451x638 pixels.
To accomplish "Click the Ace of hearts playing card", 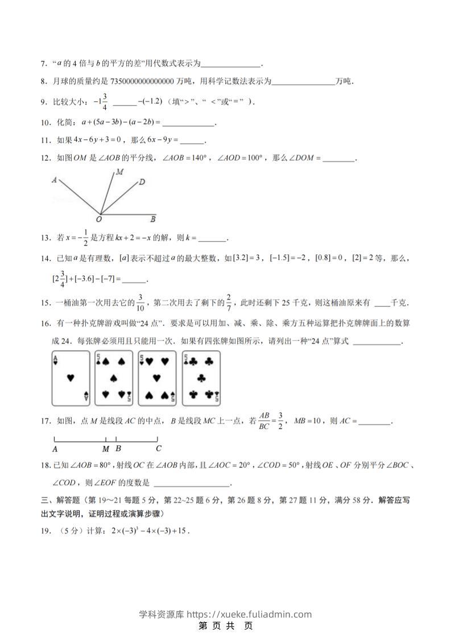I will [x=71, y=378].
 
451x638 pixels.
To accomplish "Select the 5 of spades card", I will [x=114, y=378].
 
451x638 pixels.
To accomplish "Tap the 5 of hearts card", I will [x=157, y=378].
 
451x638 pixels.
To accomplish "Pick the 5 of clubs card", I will [x=201, y=378].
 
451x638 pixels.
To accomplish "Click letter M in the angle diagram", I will [x=120, y=171].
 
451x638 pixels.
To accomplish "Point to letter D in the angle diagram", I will [x=142, y=182].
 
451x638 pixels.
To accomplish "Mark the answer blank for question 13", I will [x=213, y=239].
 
